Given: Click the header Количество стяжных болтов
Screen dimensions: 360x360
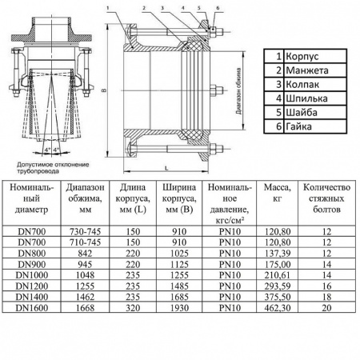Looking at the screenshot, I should (x=326, y=198).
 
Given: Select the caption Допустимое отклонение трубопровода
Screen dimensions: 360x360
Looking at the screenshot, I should (x=46, y=165).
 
